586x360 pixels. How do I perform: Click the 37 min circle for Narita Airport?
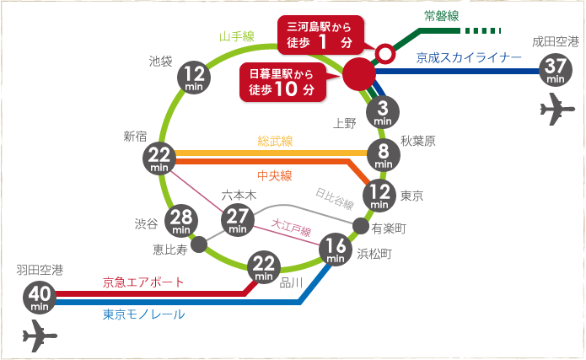(555, 69)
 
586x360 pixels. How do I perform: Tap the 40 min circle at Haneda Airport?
(40, 296)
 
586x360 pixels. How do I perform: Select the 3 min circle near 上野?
(382, 112)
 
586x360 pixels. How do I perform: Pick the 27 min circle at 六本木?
(237, 219)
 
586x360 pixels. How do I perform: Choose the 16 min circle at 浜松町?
(336, 250)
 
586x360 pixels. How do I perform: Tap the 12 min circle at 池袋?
(195, 78)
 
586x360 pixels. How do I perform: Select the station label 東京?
(412, 196)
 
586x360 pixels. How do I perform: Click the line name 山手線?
(237, 37)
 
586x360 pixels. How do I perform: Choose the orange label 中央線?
(274, 175)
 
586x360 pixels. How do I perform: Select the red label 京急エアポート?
(143, 282)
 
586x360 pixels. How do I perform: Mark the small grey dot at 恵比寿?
(199, 245)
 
